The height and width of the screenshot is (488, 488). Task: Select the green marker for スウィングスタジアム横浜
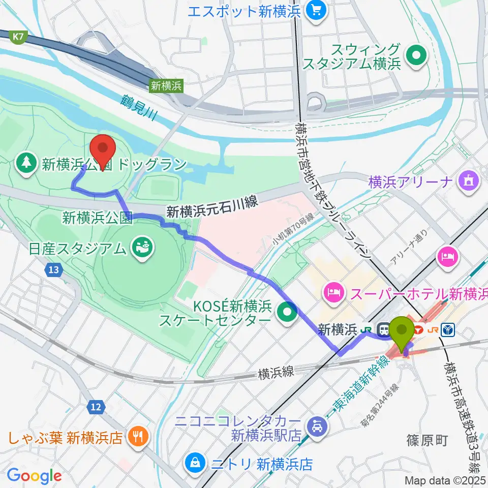tap(418, 54)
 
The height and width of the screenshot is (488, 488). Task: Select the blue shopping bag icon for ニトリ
tap(195, 463)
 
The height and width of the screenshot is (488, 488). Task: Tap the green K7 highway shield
tap(18, 37)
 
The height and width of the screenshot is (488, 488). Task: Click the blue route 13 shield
tap(54, 270)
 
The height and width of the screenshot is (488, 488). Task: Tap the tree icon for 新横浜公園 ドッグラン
tap(26, 164)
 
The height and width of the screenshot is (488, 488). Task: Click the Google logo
tap(34, 476)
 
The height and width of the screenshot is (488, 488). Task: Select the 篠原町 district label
tap(427, 440)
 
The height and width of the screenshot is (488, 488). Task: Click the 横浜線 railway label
tap(276, 373)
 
